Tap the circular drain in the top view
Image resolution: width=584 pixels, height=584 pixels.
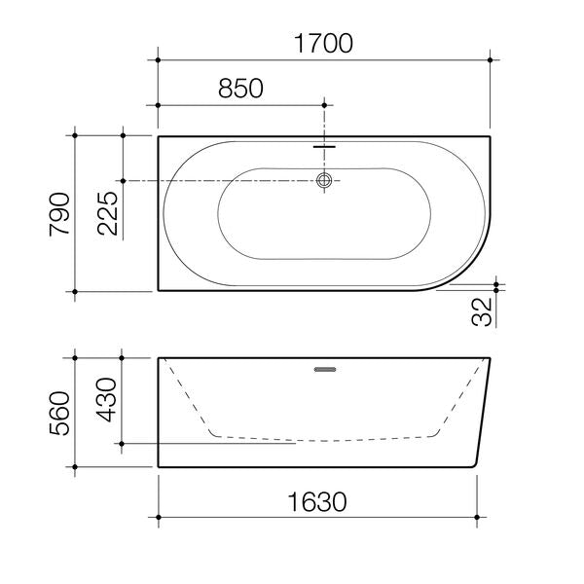point(325,181)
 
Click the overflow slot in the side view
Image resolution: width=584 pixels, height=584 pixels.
point(325,369)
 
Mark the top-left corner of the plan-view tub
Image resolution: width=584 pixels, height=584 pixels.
point(159,137)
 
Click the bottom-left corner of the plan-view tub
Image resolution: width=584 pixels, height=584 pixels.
point(159,291)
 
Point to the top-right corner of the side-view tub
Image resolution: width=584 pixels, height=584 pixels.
point(491,358)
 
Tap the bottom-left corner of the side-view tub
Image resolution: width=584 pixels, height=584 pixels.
point(159,467)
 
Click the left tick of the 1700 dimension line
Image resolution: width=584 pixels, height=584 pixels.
point(159,60)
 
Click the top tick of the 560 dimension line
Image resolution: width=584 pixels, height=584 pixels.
point(76,358)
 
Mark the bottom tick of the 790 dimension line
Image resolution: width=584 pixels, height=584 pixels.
point(76,291)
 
